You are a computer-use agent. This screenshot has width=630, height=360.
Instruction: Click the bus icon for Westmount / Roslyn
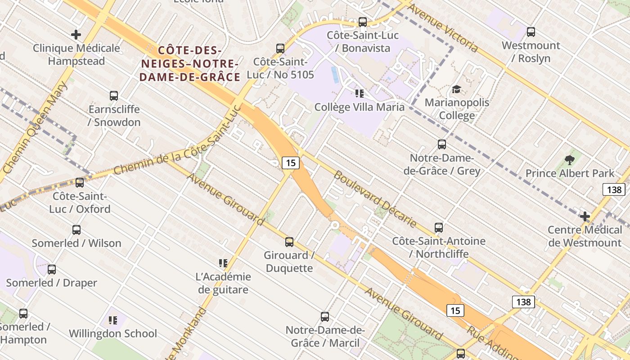point(531,32)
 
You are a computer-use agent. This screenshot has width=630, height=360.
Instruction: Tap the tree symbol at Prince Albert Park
point(570,160)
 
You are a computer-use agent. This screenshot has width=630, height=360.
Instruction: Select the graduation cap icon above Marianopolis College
point(456,89)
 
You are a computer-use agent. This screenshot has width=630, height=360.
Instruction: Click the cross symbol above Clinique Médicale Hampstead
point(76,35)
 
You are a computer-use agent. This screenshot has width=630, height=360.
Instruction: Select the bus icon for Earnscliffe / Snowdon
point(114,96)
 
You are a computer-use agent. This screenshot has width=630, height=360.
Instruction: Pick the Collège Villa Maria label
point(359,107)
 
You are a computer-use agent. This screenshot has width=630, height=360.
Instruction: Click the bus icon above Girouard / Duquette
point(289,242)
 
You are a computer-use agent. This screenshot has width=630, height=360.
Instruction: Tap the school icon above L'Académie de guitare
point(223,263)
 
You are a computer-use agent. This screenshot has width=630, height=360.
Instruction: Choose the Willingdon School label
point(113,333)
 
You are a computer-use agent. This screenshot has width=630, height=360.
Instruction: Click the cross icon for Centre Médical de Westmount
point(585,217)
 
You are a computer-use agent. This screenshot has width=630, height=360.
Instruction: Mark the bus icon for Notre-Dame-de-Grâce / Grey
point(442,144)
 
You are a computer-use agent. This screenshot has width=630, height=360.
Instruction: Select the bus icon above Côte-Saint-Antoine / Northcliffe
point(439,228)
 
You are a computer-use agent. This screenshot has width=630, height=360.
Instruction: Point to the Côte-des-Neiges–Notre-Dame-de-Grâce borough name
point(190,63)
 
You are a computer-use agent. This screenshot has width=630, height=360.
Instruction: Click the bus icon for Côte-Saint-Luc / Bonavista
point(362,22)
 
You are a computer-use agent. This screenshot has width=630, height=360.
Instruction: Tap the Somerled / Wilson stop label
point(76,243)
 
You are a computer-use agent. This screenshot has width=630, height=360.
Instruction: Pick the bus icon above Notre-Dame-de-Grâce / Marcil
point(325,317)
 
